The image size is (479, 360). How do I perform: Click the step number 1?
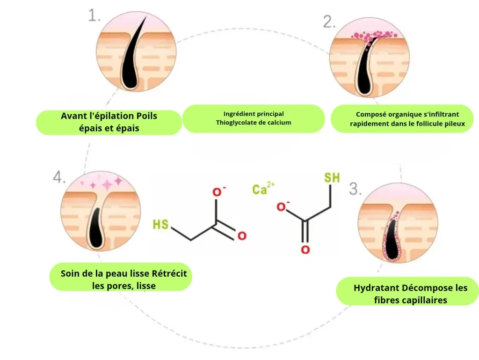[94, 15]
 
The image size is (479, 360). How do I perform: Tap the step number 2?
[329, 22]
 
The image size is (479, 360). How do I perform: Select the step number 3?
[356, 189]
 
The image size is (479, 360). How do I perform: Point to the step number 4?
[59, 177]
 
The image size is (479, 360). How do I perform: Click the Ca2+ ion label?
[263, 188]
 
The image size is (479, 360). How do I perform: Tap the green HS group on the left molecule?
[161, 225]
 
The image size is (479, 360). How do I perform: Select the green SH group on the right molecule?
[332, 177]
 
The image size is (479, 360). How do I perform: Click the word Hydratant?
[377, 288]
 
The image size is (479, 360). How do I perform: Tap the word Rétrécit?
[169, 273]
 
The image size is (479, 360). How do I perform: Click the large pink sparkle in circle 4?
[107, 185]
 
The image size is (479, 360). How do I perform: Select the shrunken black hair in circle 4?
[95, 228]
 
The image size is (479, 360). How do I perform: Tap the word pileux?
[456, 124]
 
